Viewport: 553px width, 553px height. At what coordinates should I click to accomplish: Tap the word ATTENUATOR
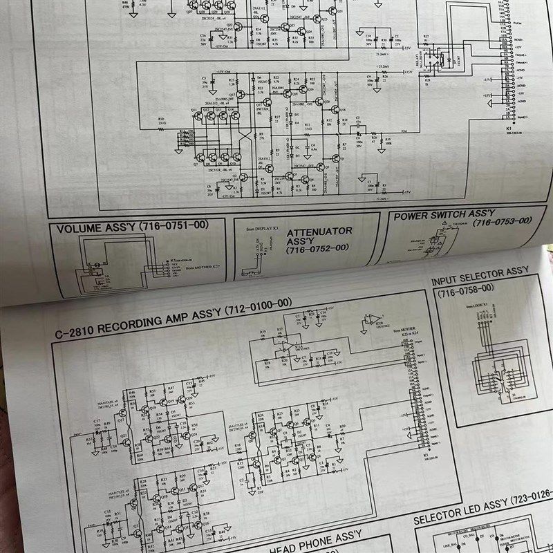click(319, 232)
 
